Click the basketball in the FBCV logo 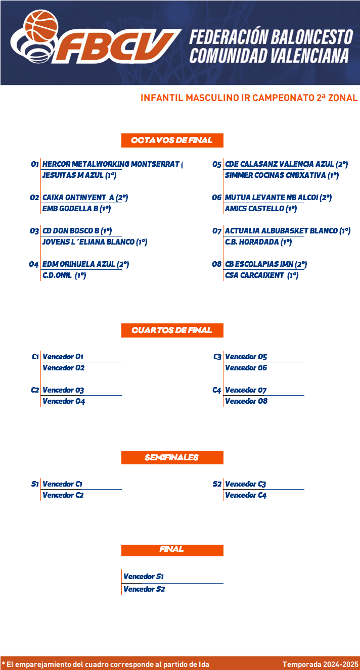(x=41, y=26)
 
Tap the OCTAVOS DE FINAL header (x=172, y=140)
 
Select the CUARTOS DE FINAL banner (x=172, y=330)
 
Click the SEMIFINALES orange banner (x=172, y=457)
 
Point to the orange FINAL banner (x=172, y=550)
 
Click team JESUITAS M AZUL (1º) (x=79, y=175)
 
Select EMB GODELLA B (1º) (x=77, y=209)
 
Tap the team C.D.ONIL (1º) (x=64, y=275)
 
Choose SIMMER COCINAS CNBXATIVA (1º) (x=282, y=175)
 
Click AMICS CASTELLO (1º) (x=261, y=209)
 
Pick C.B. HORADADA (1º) (x=258, y=242)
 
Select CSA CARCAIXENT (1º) (x=262, y=275)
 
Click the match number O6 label (x=217, y=198)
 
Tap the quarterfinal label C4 (x=217, y=390)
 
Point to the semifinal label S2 (x=217, y=484)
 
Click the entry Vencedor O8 (x=246, y=401)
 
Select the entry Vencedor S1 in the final (x=143, y=577)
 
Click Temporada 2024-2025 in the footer (x=320, y=664)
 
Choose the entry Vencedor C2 (x=63, y=495)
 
